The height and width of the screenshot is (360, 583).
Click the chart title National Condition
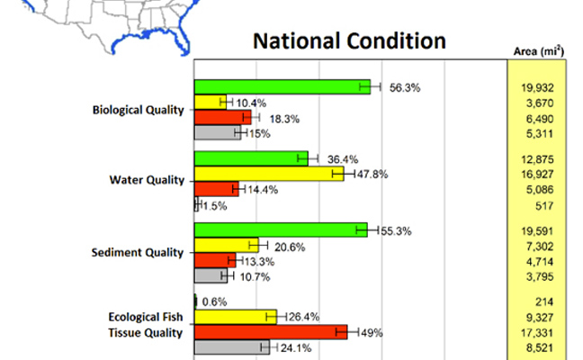349,41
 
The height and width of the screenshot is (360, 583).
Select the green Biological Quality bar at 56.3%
282,86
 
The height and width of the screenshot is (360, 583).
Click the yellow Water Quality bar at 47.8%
268,174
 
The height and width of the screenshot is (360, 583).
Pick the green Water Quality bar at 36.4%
251,158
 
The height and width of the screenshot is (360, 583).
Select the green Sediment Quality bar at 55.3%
280,229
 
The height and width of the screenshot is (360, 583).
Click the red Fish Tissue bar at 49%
270,332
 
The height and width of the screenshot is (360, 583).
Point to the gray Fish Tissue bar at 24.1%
231,347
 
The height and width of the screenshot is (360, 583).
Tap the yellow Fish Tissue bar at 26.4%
235,316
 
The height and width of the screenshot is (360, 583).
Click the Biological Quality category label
138,111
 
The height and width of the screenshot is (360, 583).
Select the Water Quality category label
146,180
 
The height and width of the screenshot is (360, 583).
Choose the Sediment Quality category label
138,253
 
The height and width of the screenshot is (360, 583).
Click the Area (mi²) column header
538,51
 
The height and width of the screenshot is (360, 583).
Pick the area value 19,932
537,87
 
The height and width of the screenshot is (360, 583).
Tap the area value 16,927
537,174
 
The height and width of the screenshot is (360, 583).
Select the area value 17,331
537,332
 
